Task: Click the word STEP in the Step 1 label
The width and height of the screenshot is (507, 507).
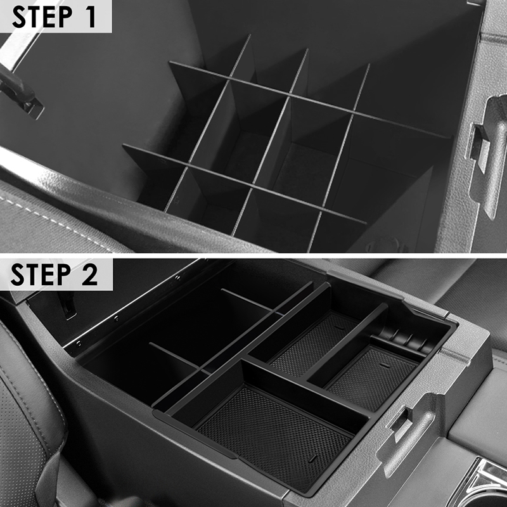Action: (x=42, y=16)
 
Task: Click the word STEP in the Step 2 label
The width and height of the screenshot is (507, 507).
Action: (x=41, y=274)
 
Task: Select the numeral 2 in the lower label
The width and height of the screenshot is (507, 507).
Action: (x=89, y=274)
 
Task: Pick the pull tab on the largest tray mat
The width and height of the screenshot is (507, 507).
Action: (x=313, y=458)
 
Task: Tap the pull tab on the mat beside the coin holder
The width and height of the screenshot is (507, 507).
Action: (x=385, y=365)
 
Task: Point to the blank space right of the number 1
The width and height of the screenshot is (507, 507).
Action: (x=104, y=16)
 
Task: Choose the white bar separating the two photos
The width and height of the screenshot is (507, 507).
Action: (x=253, y=256)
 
